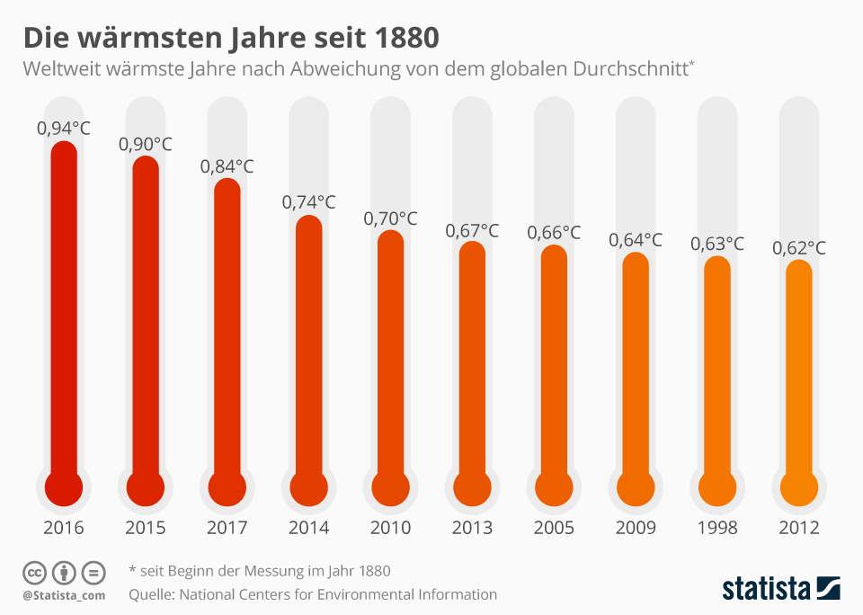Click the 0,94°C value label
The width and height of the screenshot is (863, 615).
pyautogui.click(x=64, y=129)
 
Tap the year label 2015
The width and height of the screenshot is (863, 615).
pyautogui.click(x=146, y=527)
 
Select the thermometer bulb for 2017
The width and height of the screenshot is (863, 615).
pyautogui.click(x=227, y=488)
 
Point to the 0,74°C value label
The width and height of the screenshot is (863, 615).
pyautogui.click(x=309, y=202)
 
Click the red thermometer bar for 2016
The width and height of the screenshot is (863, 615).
pyautogui.click(x=64, y=306)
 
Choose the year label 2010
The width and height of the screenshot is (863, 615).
pyautogui.click(x=391, y=527)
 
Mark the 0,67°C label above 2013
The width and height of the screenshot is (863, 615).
pyautogui.click(x=473, y=230)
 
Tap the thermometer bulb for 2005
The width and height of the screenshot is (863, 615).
pyautogui.click(x=555, y=488)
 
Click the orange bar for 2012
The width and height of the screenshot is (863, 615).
pyautogui.click(x=799, y=369)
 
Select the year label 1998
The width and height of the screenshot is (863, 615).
pyautogui.click(x=718, y=527)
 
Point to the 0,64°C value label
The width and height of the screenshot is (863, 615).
pyautogui.click(x=636, y=240)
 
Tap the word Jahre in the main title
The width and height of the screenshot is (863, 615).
pyautogui.click(x=260, y=38)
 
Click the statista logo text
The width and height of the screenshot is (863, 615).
pyautogui.click(x=766, y=589)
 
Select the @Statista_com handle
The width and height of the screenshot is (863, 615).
pyautogui.click(x=64, y=595)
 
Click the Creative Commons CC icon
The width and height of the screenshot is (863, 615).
pyautogui.click(x=34, y=572)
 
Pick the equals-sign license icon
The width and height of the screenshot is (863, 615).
pyautogui.click(x=93, y=572)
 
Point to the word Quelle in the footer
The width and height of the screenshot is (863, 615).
pyautogui.click(x=151, y=594)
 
